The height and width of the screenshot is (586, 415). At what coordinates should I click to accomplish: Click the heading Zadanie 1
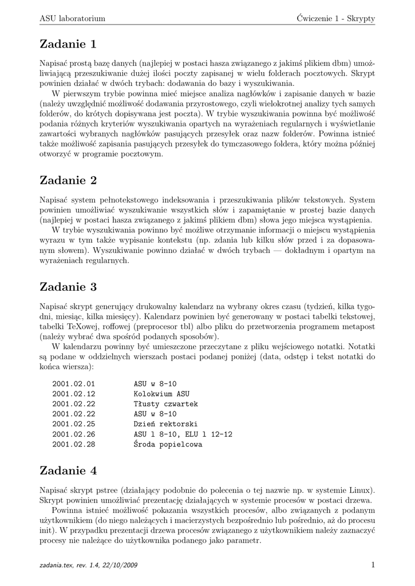point(68,44)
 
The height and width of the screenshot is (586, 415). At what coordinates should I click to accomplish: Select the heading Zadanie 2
point(68,181)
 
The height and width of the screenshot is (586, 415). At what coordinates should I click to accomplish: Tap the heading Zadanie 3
point(68,286)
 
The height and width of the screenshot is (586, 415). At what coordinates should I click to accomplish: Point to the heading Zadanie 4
point(68,471)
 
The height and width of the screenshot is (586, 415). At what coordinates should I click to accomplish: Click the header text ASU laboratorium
point(72,18)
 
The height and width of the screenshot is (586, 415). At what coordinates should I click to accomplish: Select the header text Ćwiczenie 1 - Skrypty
point(332,18)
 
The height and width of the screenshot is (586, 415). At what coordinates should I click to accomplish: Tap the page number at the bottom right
point(373,565)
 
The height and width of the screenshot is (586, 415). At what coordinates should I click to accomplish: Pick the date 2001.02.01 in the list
point(73,383)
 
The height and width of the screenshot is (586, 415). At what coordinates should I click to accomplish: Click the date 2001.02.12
point(73,394)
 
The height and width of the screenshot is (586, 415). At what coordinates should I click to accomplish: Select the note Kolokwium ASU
point(161,394)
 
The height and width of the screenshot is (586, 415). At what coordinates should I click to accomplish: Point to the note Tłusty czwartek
point(166,404)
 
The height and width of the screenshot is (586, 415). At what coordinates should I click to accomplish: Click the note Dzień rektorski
point(166,424)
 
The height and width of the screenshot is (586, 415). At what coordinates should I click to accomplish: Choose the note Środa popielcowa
point(168,444)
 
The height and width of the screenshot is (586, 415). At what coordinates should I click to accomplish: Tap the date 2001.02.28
point(73,445)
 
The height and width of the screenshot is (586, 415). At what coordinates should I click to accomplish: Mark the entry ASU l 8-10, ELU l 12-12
point(183,434)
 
